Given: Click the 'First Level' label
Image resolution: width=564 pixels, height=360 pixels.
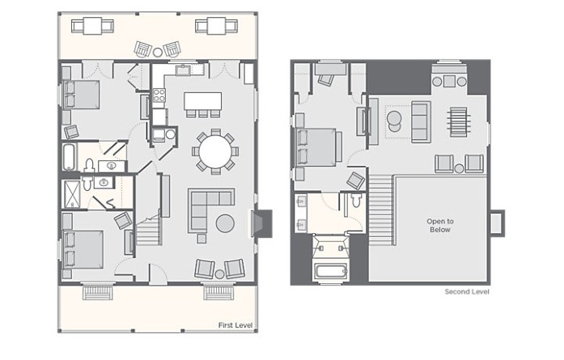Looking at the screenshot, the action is [235, 325].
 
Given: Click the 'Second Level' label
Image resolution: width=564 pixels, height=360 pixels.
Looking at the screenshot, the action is [467, 292].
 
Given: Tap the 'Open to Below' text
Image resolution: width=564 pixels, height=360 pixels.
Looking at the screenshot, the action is [440, 226].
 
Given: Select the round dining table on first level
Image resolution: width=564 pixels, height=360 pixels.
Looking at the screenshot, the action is [215, 151].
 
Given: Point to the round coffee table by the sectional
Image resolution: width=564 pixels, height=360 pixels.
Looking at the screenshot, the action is [225, 223].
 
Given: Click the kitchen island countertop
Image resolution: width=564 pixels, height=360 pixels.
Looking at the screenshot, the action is [202, 101].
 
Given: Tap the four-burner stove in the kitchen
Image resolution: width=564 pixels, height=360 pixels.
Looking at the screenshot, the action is [159, 95].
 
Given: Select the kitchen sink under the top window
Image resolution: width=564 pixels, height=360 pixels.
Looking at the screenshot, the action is [183, 70].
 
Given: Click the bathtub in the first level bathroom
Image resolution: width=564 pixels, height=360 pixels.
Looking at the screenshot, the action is [69, 157].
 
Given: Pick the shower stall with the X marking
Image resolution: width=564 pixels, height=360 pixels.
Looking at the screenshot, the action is [72, 195].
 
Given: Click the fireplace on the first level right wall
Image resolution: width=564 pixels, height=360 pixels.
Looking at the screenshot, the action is [261, 223].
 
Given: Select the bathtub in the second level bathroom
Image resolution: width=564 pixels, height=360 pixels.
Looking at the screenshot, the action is [330, 271].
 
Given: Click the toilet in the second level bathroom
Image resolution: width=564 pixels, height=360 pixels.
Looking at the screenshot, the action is [356, 200].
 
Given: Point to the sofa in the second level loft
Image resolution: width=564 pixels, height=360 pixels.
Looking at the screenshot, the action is [422, 122].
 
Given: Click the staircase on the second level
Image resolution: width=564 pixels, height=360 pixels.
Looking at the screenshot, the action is [382, 210].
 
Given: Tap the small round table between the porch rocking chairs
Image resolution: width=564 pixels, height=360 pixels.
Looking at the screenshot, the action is [158, 52].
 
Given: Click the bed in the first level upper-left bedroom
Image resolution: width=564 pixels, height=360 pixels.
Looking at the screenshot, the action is [81, 94].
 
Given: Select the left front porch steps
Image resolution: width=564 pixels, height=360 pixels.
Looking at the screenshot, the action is [98, 292].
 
